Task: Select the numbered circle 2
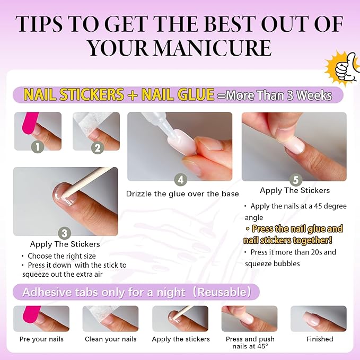96,147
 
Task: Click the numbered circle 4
181,180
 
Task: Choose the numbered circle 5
295,180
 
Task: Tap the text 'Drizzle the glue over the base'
182,194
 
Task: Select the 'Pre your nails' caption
41,339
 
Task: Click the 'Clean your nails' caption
111,339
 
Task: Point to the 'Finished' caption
320,339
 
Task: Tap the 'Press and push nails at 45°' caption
249,343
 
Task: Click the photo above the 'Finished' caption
318,319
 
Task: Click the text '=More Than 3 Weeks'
275,95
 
